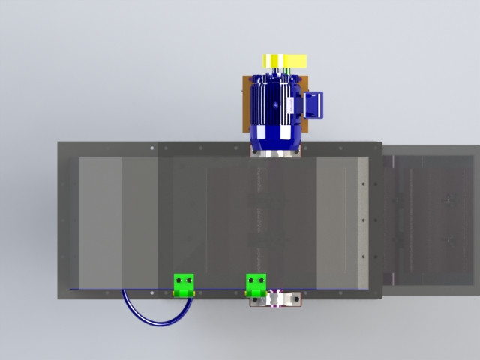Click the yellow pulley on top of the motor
tap(284, 61)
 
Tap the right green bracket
tap(256, 284)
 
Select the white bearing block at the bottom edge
tap(276, 298)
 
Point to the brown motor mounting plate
tap(244, 105)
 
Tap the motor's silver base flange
tap(276, 151)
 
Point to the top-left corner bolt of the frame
tap(63, 147)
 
